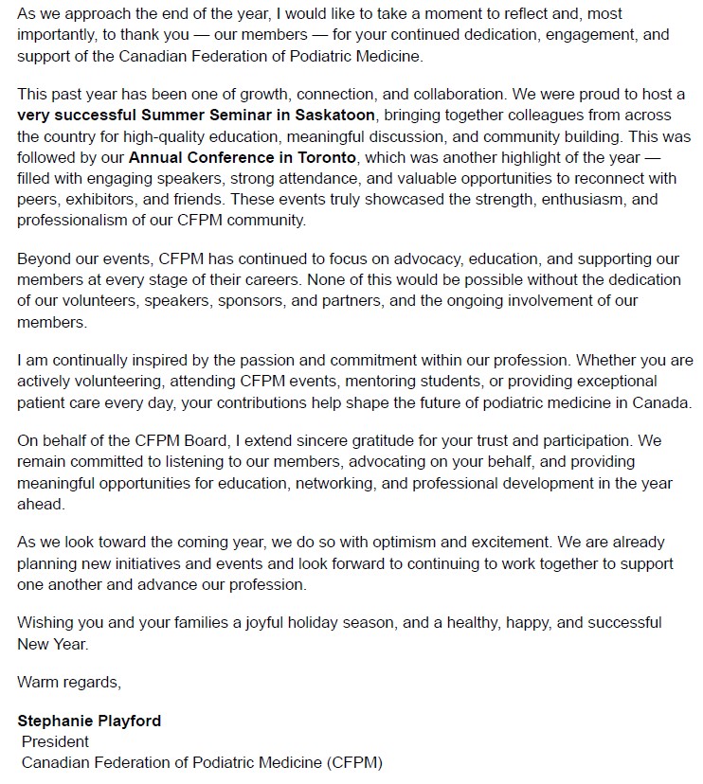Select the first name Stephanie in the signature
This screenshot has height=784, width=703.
(55, 721)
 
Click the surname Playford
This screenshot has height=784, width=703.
(129, 721)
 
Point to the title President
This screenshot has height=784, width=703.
(55, 741)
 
